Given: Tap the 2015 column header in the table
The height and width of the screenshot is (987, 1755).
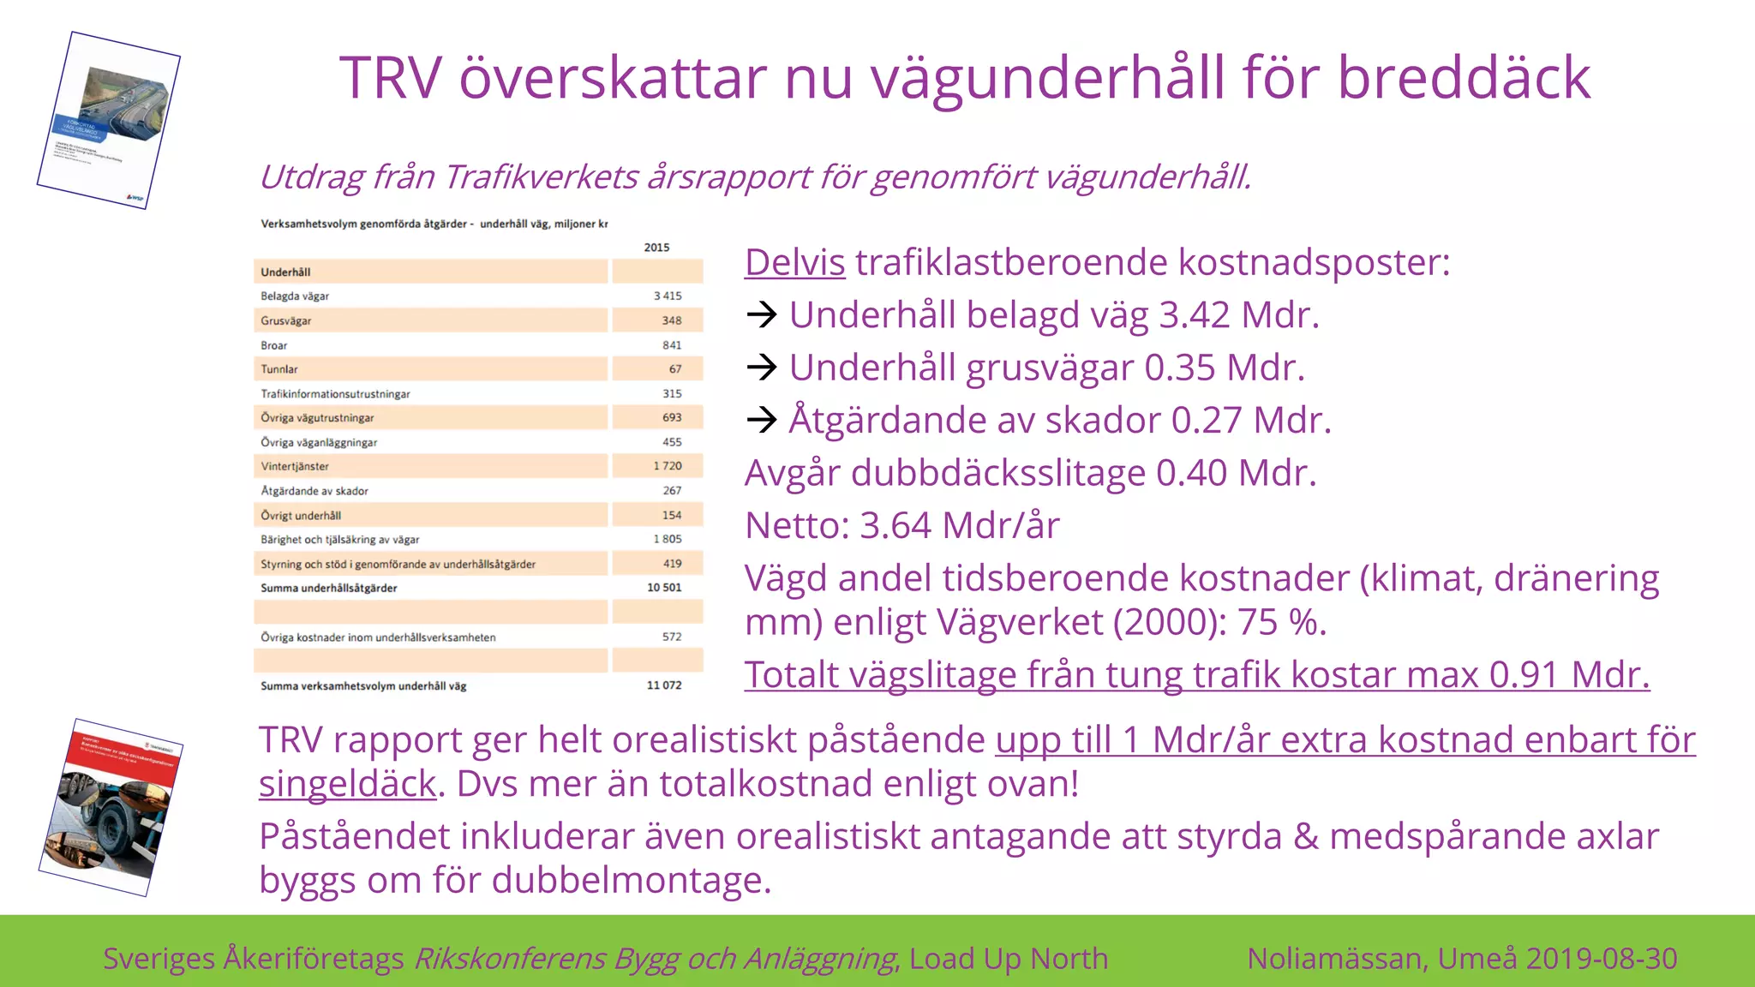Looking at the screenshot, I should click(x=656, y=248).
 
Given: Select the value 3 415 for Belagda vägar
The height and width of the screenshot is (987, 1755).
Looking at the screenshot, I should click(x=668, y=296).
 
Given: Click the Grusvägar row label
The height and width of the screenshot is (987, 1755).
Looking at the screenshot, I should click(x=286, y=320).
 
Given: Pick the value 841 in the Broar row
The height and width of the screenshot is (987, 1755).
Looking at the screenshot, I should click(x=672, y=345).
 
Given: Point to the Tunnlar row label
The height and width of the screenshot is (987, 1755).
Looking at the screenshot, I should click(x=279, y=369).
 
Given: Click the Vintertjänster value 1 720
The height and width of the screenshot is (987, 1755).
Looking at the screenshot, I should click(x=668, y=466).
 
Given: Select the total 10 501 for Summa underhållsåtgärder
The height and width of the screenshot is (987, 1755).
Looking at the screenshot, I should click(x=664, y=588).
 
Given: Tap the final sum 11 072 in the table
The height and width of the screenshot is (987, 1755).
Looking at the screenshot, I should click(x=664, y=685).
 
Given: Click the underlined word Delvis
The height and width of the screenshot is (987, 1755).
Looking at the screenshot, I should click(x=794, y=262).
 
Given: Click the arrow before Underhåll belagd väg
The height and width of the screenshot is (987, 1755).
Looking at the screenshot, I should click(x=761, y=315).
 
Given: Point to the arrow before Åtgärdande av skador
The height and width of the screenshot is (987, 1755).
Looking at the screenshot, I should click(x=761, y=420).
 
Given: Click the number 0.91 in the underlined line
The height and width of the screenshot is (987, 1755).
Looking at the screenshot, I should click(x=1524, y=675).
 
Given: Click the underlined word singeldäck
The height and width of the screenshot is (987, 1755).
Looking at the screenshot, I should click(x=347, y=784).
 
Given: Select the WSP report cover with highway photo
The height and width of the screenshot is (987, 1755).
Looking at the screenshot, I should click(x=109, y=120).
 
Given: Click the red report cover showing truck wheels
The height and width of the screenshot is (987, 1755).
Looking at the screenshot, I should click(x=111, y=807).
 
